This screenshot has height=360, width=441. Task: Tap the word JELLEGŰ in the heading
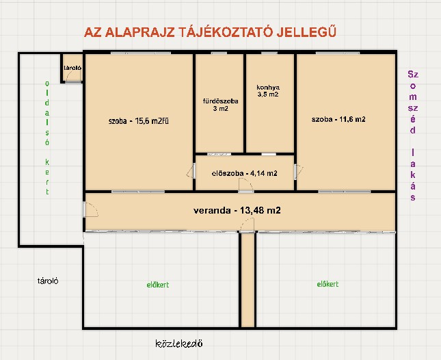coord(306,31)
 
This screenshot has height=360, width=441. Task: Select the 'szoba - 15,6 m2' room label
coord(139,121)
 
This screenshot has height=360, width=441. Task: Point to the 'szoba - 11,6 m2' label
coord(338,119)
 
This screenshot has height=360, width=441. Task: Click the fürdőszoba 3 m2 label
coord(220,105)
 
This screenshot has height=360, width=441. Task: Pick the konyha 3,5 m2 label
coord(268,90)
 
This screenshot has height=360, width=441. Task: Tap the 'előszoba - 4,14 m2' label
coord(244,173)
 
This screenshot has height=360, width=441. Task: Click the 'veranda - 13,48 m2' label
coord(237,210)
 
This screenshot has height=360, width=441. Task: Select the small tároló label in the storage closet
coord(72,68)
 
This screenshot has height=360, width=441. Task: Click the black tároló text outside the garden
coord(48,281)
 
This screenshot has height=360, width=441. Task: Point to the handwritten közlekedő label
coord(179,344)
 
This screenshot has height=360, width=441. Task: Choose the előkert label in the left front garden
coord(158,285)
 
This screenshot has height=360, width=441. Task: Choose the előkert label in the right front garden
coord(328,284)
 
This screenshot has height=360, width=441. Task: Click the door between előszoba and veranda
coord(246,185)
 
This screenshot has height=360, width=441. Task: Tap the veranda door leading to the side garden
coord(90,209)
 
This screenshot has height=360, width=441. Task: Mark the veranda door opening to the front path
coord(248,225)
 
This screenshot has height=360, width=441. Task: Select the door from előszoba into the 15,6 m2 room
coord(191,170)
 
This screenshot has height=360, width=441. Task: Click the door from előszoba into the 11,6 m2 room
coord(298,172)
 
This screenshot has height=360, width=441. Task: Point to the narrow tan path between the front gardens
coord(248,280)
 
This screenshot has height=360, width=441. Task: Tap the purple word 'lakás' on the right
coord(412,175)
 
